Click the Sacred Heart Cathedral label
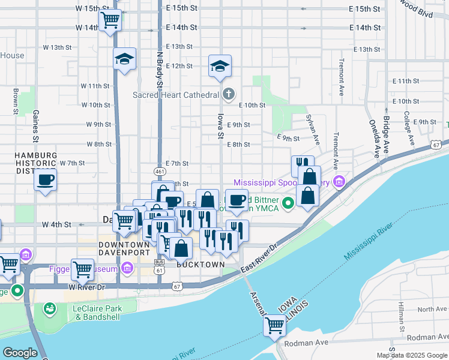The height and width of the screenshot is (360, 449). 175,95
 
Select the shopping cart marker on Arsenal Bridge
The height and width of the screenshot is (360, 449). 274,326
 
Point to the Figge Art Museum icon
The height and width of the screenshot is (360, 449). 127,269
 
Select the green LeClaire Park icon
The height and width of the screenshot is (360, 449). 49,309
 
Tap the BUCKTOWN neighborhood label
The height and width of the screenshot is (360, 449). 200,264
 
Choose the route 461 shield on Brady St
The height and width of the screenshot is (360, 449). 160,172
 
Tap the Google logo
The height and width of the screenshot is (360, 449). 20,353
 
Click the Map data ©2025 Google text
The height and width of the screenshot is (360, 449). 412,355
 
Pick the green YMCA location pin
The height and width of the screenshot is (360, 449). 288,203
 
